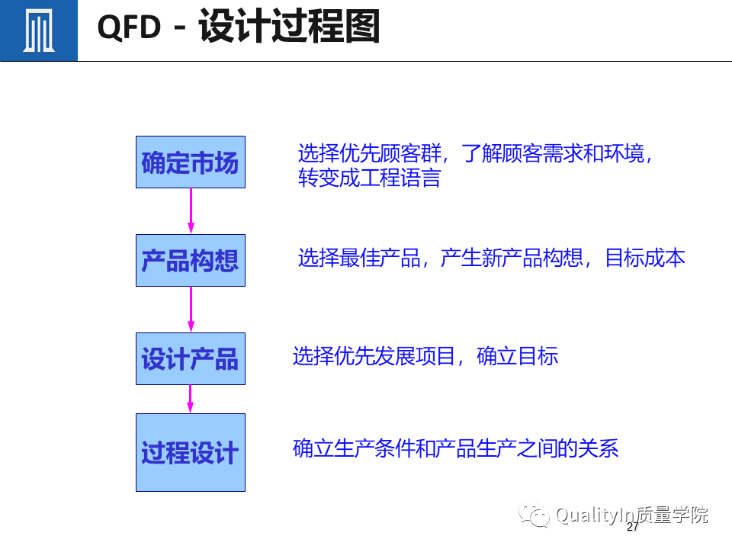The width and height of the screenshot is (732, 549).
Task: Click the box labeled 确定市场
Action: point(191,162)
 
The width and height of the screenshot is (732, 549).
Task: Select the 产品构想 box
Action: point(191,261)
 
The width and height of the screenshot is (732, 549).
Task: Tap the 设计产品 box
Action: point(191,358)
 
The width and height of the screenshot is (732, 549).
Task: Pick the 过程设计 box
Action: point(191,453)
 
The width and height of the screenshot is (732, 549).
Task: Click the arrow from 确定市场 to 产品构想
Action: point(191,211)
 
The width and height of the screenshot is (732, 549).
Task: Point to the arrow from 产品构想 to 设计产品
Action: point(191,310)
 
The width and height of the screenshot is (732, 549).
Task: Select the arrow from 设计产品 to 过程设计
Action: point(191,399)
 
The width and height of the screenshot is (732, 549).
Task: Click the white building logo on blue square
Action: point(38,30)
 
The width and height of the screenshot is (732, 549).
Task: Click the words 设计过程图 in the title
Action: point(289,27)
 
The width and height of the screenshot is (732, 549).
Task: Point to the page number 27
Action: point(632,527)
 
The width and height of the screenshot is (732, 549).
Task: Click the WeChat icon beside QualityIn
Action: point(534,516)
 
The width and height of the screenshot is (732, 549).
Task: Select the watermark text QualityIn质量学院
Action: point(631,515)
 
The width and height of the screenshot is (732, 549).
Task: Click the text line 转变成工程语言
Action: point(369,178)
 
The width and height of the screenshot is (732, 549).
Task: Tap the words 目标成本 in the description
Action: point(645,258)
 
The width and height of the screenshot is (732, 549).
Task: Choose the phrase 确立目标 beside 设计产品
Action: point(518,356)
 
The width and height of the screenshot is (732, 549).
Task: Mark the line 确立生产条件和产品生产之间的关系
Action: point(455,448)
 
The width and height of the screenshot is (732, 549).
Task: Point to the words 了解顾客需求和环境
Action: point(557,154)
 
